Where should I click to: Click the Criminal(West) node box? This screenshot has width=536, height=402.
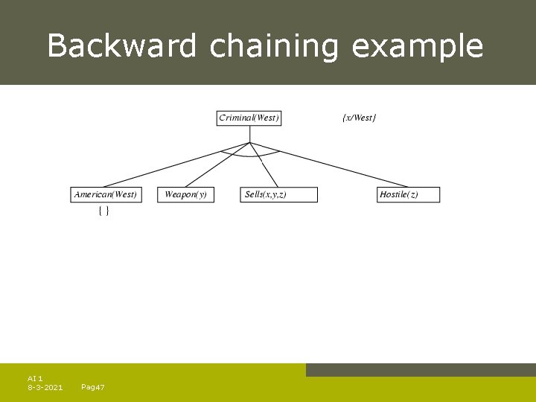pos(249,118)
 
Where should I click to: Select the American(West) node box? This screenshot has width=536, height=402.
pos(106,194)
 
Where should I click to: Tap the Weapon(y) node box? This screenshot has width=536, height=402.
pos(185,194)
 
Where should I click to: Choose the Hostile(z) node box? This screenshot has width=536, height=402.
pos(409,194)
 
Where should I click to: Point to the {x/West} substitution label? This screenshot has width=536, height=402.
pos(359,118)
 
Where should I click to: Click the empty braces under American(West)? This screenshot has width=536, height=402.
pos(104,211)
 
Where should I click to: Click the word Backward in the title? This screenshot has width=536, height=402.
pos(122,46)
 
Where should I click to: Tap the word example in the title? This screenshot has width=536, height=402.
pos(417,46)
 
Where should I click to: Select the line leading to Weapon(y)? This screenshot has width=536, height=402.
pos(217,165)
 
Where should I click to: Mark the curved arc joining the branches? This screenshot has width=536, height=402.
pos(250,156)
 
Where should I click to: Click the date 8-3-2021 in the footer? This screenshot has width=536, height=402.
pos(45,387)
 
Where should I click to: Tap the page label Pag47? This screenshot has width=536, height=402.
pos(92,387)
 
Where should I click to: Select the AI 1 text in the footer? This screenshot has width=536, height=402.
pos(35,378)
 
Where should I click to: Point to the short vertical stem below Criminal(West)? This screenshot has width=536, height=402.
pos(250,134)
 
